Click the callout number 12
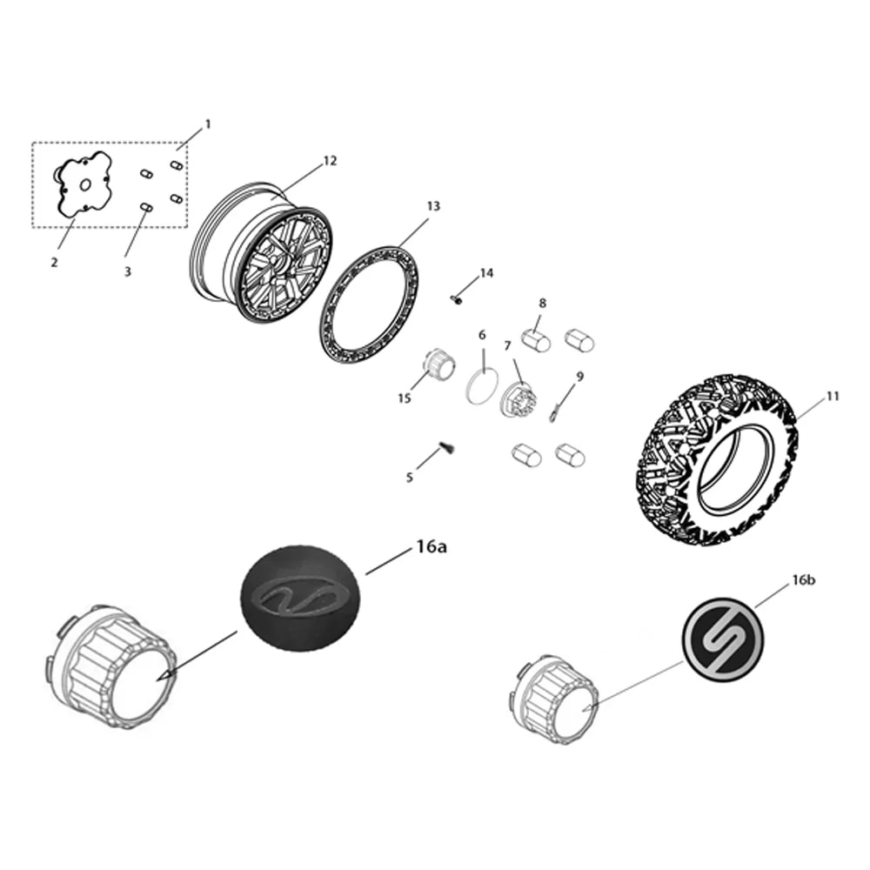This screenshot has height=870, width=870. pyautogui.click(x=330, y=161)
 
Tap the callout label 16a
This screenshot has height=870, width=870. pyautogui.click(x=432, y=547)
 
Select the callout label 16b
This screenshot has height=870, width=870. pyautogui.click(x=803, y=580)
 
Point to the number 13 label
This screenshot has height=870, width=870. pyautogui.click(x=433, y=206)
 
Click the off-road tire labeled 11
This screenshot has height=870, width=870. pyautogui.click(x=716, y=459)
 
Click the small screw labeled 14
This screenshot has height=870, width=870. pyautogui.click(x=456, y=299)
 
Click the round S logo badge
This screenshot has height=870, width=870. pyautogui.click(x=722, y=639)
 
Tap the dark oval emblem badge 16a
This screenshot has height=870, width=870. pyautogui.click(x=301, y=599)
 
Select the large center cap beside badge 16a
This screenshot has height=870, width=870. pyautogui.click(x=110, y=666)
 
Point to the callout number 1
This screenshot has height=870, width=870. pyautogui.click(x=208, y=124)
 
